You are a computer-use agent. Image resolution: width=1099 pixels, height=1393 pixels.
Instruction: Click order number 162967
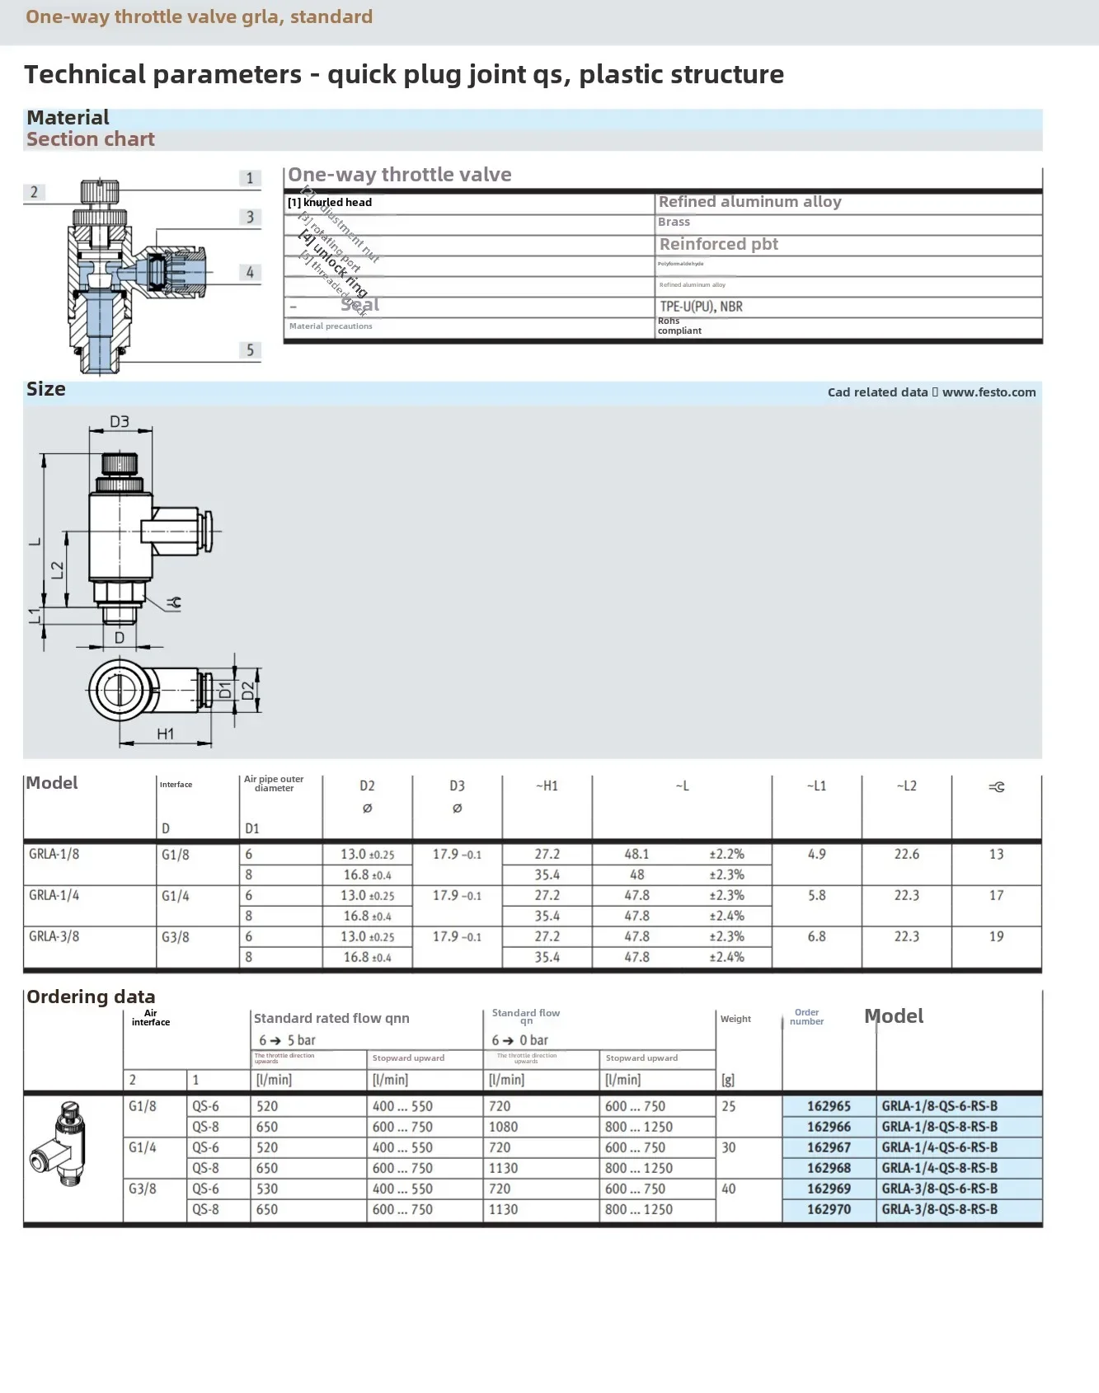(x=829, y=1147)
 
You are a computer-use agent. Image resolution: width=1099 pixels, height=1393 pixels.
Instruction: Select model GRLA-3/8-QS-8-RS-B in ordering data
(x=939, y=1209)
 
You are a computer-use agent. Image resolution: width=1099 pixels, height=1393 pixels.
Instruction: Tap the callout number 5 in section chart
(x=251, y=350)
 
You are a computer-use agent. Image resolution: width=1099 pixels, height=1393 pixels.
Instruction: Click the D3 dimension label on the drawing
(x=120, y=422)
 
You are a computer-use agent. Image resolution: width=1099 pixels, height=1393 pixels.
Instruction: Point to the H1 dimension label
(x=165, y=734)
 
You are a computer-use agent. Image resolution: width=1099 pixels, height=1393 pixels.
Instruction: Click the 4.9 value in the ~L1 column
(x=816, y=854)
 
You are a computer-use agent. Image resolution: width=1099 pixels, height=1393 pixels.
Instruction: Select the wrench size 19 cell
(x=996, y=936)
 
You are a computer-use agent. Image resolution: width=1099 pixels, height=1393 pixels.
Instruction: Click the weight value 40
(x=729, y=1189)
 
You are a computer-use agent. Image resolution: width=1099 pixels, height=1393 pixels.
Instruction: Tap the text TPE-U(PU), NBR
(x=701, y=307)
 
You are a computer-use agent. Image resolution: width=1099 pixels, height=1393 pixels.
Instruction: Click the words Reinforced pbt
(x=718, y=244)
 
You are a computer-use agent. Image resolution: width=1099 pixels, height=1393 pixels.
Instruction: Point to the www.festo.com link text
(x=989, y=392)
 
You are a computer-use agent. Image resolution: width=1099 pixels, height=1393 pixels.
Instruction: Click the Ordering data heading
(x=91, y=997)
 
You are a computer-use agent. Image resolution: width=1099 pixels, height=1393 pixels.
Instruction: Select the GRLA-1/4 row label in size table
(x=54, y=895)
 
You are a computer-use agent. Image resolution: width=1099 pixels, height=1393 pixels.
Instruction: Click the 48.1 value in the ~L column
(x=636, y=854)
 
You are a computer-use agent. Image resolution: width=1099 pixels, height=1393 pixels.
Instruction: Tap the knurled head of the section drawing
(x=100, y=191)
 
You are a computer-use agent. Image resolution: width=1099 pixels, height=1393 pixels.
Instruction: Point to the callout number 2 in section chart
(x=34, y=192)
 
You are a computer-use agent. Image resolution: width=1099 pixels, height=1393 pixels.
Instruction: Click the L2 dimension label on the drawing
(x=57, y=570)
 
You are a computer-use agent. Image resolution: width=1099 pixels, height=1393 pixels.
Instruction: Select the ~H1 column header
(x=547, y=786)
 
